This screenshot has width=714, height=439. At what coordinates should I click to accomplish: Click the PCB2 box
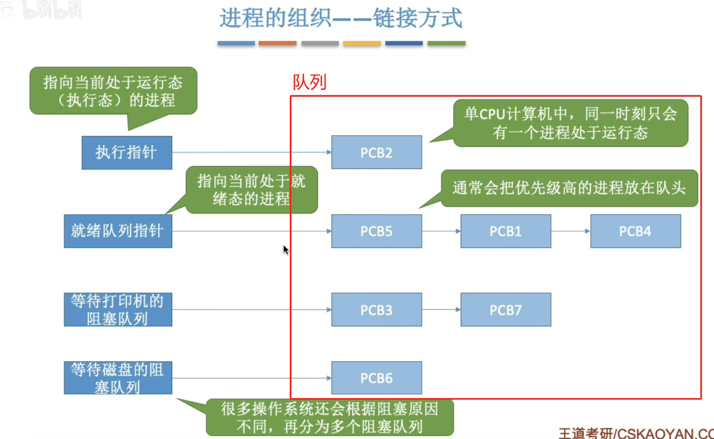click(x=376, y=152)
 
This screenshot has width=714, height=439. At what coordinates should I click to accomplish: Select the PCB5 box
click(x=376, y=231)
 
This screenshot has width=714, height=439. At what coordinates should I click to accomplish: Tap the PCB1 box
click(x=506, y=231)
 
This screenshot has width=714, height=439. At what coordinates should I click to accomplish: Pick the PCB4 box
click(x=636, y=231)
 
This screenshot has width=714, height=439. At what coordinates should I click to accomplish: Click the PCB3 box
click(x=376, y=309)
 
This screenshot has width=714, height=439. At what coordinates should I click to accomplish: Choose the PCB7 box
click(x=506, y=309)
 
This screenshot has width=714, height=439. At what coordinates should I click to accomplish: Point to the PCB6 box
click(x=376, y=378)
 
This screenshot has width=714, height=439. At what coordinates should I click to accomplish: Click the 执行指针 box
click(x=127, y=152)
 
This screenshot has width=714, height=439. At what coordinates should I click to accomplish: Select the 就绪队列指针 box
click(x=118, y=231)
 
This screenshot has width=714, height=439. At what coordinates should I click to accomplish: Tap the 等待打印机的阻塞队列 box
click(x=118, y=309)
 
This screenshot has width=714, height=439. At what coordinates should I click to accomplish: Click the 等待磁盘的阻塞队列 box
click(x=118, y=378)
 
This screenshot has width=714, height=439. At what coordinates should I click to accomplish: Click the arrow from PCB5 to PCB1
click(x=441, y=231)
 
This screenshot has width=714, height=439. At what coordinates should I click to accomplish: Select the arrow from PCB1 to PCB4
click(x=571, y=231)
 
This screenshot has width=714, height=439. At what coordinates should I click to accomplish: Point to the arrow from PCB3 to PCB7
click(x=441, y=309)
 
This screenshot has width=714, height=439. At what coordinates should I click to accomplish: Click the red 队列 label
click(x=309, y=82)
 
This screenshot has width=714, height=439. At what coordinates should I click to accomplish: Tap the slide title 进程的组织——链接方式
click(x=341, y=18)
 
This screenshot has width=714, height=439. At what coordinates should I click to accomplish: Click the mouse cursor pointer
click(x=286, y=250)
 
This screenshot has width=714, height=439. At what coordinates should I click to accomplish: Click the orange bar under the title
click(x=277, y=43)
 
